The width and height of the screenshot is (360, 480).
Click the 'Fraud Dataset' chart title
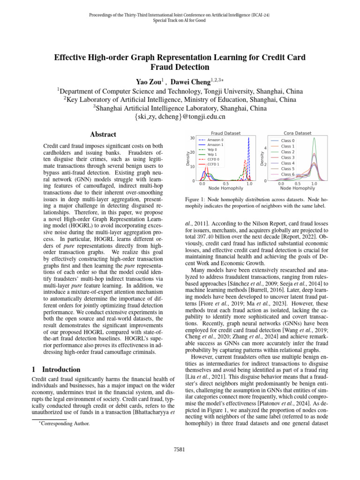(x=223, y=133)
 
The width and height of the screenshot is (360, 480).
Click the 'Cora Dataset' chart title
(x=298, y=133)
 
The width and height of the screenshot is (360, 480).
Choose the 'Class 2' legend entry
(x=287, y=152)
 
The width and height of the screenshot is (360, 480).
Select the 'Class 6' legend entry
(x=287, y=174)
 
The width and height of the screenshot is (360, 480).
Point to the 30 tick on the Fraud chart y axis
(x=193, y=138)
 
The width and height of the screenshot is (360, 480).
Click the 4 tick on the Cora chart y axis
(x=265, y=149)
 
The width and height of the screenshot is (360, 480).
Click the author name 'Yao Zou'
(x=149, y=82)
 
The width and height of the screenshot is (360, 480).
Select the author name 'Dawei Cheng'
(x=195, y=82)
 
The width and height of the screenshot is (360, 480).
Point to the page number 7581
(x=180, y=450)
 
